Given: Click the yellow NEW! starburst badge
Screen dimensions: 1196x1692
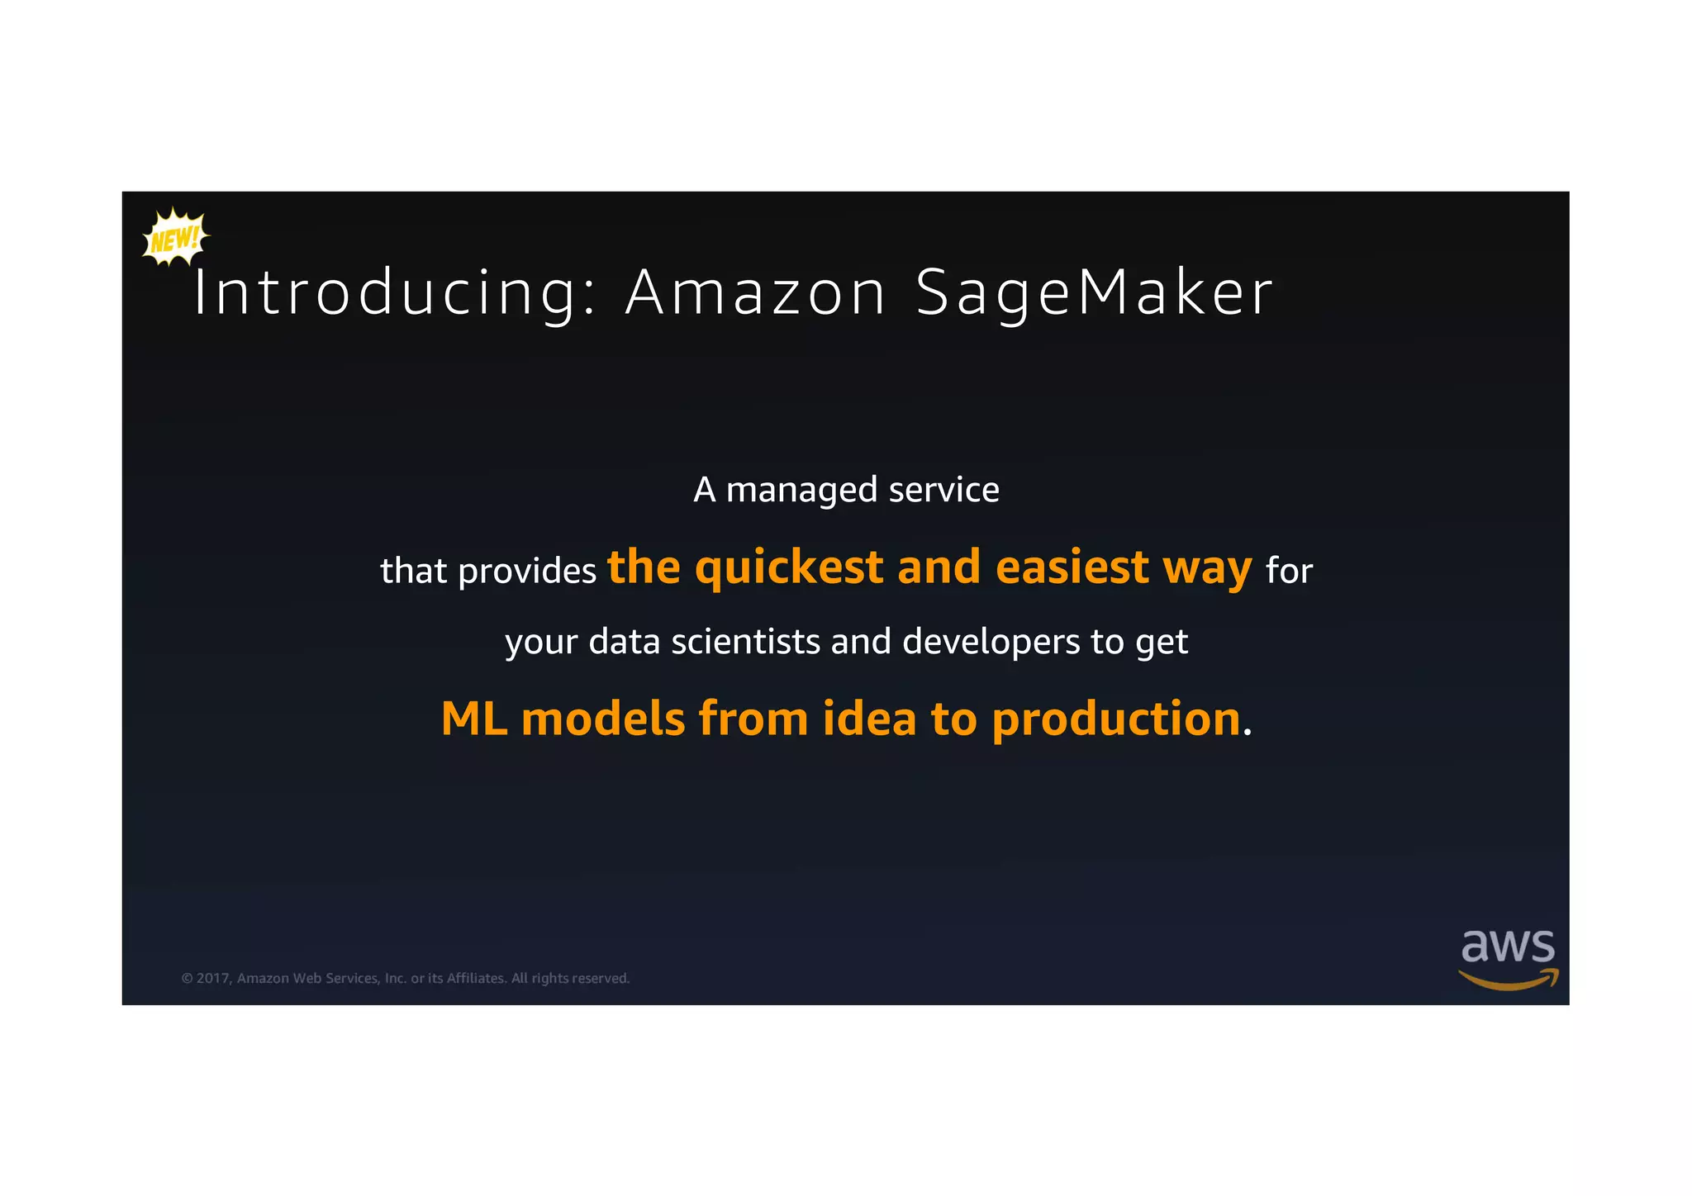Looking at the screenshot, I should pyautogui.click(x=175, y=238).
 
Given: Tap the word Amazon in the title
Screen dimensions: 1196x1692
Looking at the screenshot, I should pyautogui.click(x=755, y=293).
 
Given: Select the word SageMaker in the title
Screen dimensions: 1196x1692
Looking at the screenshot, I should pyautogui.click(x=1094, y=293).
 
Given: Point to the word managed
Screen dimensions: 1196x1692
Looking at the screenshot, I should pyautogui.click(x=801, y=491).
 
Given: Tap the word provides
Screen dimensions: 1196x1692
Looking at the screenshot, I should pyautogui.click(x=527, y=571).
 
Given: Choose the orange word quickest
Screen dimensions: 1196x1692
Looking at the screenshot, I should pyautogui.click(x=790, y=568).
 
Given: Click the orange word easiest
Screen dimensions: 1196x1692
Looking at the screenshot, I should pyautogui.click(x=1072, y=568).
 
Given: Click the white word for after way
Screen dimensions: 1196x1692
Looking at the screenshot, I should pyautogui.click(x=1289, y=571).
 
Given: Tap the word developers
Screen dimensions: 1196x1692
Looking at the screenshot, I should pyautogui.click(x=991, y=642).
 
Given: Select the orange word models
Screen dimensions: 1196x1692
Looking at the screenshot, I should pyautogui.click(x=603, y=719).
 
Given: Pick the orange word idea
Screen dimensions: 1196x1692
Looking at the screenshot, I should pyautogui.click(x=869, y=719).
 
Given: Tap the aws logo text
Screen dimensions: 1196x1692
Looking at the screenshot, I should pyautogui.click(x=1508, y=947).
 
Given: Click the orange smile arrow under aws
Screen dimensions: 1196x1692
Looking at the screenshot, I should pyautogui.click(x=1508, y=980).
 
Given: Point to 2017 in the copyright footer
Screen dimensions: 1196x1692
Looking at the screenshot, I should pyautogui.click(x=212, y=979).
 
